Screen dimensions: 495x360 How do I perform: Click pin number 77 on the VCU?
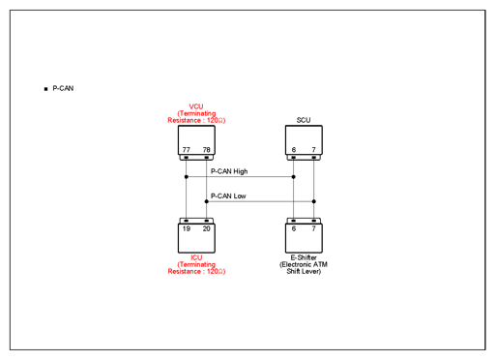pos(187,150)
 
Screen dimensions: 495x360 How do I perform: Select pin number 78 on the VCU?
pos(207,150)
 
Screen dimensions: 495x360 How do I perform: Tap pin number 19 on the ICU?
pos(187,228)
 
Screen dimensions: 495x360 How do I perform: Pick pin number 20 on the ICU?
pos(207,228)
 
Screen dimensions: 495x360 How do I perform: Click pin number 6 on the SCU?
pos(294,150)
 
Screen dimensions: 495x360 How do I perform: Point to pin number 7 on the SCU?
pos(314,150)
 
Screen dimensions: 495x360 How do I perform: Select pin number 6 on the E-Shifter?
pos(294,228)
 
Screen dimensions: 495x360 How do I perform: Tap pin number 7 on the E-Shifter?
pos(314,228)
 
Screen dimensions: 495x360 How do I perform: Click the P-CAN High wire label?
pos(229,171)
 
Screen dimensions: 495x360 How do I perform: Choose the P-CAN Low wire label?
pos(228,196)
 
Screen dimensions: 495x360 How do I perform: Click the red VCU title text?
pos(196,106)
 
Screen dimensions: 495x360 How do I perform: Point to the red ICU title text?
pos(196,257)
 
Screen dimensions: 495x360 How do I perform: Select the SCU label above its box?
pos(304,120)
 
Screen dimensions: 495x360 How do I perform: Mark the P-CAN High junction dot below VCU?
pos(187,177)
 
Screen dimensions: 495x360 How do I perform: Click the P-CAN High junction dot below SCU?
pos(294,177)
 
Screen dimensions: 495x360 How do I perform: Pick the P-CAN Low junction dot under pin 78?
pos(207,201)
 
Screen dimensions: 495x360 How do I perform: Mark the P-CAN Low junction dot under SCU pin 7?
pos(314,201)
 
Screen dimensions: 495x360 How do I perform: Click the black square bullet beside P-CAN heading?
pos(45,89)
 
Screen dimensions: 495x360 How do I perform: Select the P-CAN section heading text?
pos(63,88)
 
